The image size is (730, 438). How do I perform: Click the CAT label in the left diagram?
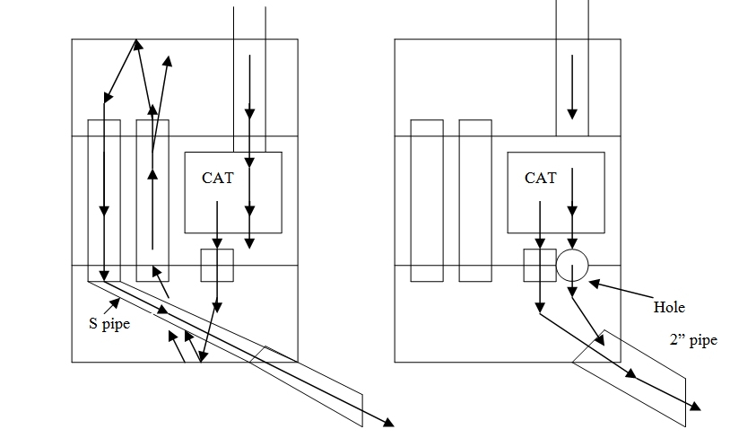[x=217, y=178]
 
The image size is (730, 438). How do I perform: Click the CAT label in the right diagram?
[x=540, y=178]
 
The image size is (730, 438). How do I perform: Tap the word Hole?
[x=669, y=308]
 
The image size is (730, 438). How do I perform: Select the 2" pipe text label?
[x=693, y=341]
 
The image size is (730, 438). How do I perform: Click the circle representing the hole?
[x=572, y=266]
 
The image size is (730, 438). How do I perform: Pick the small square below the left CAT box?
[x=217, y=266]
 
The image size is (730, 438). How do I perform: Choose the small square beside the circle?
[x=540, y=266]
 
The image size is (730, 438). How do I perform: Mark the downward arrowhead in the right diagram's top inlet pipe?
[x=572, y=114]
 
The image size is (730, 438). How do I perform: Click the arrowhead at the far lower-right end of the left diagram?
[x=389, y=422]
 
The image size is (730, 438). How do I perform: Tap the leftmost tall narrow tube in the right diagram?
[x=427, y=200]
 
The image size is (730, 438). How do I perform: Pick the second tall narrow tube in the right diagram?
[x=475, y=200]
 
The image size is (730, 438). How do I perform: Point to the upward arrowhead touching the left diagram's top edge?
[x=136, y=43]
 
